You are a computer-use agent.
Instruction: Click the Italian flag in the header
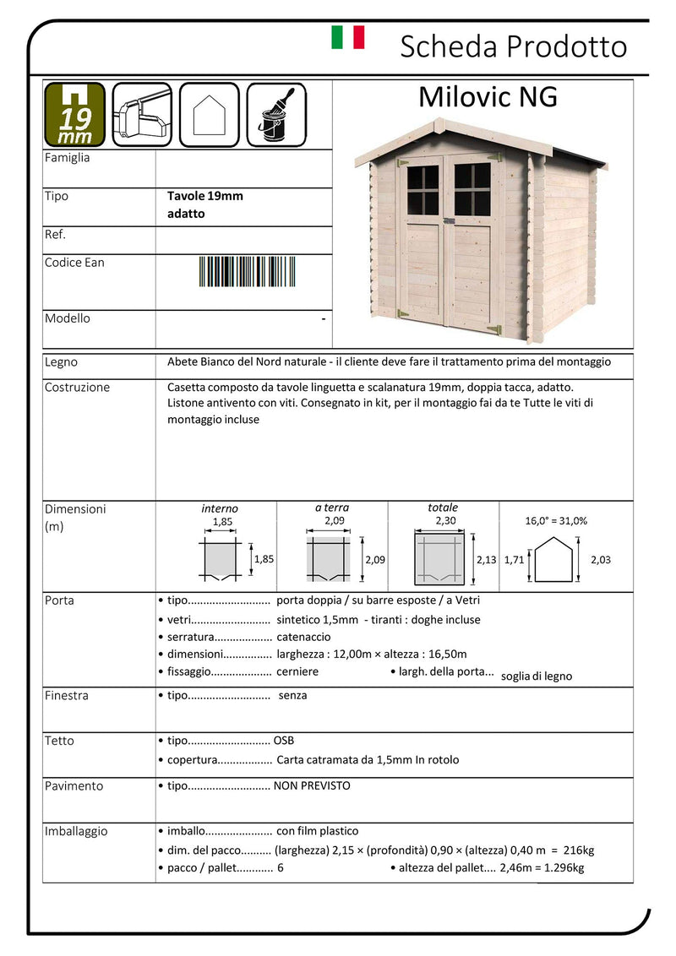347,37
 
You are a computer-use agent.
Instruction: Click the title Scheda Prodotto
513,46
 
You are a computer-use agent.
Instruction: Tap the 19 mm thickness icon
74,114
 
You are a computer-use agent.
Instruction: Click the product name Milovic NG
488,97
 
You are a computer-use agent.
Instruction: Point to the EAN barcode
240,272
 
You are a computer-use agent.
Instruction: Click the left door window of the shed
422,190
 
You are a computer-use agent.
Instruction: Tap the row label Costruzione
77,388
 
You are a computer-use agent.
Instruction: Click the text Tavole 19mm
205,196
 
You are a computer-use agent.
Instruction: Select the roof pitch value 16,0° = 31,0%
556,521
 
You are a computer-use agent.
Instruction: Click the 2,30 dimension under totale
444,522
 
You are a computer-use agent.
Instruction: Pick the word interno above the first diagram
220,508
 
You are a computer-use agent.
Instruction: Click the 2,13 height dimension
486,559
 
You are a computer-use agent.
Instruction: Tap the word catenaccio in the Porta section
303,637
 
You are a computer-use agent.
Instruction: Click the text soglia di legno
537,676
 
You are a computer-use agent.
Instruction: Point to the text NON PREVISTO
312,785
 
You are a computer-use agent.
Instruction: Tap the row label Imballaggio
76,832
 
